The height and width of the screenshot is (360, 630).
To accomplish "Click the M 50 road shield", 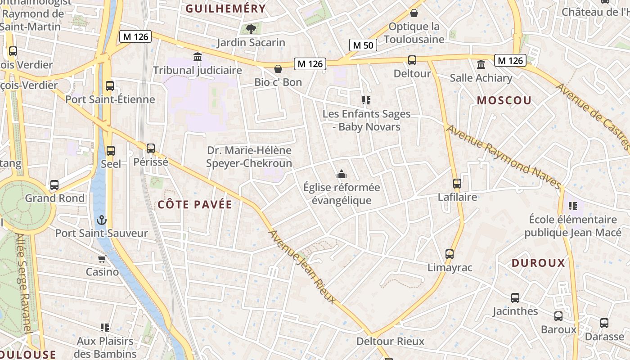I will pos(363,45).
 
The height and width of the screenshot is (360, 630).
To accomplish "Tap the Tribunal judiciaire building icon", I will pos(197,57).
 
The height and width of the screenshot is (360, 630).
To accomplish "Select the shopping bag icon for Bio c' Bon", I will pos(278,69).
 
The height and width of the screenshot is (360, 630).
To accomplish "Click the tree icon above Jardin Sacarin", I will pos(251,29).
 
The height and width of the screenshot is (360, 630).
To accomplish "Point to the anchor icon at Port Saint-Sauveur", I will pos(102,220).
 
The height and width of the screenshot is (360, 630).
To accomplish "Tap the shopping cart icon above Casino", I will pos(102,259).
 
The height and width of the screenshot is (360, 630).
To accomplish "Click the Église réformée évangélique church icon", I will pos(341,174).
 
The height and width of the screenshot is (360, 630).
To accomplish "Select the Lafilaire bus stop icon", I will pos(457,184).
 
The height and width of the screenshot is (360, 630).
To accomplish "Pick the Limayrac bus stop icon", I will pos(449,254).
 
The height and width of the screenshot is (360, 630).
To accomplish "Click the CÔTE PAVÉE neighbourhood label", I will pos(195,205).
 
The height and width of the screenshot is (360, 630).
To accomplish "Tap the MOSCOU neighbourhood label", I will pos(504,100).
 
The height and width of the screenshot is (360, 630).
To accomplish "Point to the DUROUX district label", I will pos(538,263).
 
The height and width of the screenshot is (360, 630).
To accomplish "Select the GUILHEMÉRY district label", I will pos(226,9).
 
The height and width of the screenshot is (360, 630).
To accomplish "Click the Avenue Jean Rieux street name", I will pos(302,267).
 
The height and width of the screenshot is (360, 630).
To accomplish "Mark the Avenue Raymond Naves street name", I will pos(504,157).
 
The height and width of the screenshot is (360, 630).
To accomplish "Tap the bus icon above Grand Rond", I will pos(54,185).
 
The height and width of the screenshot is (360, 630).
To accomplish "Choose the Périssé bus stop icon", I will pos(151,148).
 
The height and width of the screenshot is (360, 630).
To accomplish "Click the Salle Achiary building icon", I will pos(481,64).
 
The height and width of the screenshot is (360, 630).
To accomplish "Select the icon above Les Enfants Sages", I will pos(366,100).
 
